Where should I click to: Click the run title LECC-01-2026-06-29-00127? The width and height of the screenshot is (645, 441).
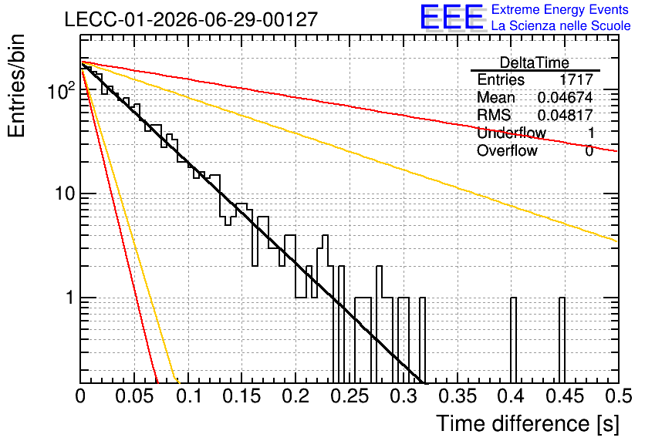coord(191,19)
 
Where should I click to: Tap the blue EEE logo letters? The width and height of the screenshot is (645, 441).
coord(452,18)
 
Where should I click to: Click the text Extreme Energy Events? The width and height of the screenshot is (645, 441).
coord(560,9)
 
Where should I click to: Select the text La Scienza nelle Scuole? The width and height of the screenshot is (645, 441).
coord(561,25)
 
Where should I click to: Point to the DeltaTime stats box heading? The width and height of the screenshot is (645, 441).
coord(535,62)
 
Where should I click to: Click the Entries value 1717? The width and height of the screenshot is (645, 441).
coord(576,79)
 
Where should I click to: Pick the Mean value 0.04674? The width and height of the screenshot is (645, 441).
coord(565,97)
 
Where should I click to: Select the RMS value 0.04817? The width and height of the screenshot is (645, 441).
coord(565,115)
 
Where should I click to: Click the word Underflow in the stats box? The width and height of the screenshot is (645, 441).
coord(512,133)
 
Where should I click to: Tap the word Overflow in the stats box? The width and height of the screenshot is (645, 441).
coord(507,150)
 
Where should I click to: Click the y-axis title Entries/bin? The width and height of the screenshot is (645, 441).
coord(16,86)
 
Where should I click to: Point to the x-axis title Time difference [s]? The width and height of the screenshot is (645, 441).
coord(528,423)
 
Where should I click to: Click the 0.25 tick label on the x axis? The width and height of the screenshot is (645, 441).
coord(350,396)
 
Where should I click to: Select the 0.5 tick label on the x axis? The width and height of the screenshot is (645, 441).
coord(618,396)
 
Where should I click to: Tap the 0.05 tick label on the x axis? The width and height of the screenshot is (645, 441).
coord(135,396)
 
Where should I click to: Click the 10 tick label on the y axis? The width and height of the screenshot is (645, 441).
coord(65,194)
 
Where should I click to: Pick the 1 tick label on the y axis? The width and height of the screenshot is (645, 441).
coord(70,297)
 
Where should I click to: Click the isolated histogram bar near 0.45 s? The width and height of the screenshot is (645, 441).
coord(562,340)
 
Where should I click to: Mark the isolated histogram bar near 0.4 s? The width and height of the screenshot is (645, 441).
coord(513,340)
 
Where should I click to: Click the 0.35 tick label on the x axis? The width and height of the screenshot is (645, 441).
coord(458,396)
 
